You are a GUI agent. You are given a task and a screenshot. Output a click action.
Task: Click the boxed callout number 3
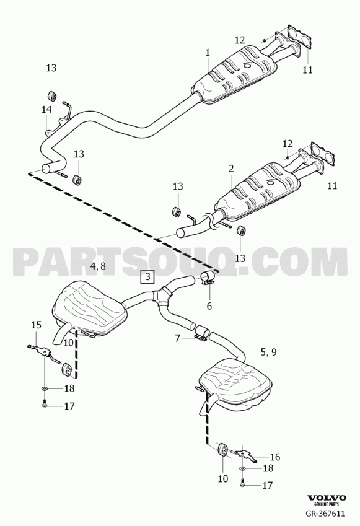(147, 277)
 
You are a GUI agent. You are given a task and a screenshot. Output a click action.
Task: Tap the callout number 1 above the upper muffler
(208, 53)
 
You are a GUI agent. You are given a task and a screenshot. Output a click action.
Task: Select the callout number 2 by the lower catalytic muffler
(232, 169)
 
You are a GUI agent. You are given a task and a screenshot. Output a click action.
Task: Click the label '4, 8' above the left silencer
(99, 266)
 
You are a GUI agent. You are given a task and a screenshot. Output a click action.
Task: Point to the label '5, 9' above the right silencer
(268, 352)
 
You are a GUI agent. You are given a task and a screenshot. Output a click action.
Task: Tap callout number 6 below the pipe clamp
(209, 306)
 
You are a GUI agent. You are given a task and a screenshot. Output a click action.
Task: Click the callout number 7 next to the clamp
(177, 338)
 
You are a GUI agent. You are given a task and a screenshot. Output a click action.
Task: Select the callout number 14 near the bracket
(46, 110)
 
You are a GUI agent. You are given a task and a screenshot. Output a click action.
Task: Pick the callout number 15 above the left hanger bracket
(36, 325)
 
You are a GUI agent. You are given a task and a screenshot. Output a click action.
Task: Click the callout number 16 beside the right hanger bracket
(274, 457)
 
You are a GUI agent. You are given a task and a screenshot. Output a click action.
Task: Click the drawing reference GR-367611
(325, 514)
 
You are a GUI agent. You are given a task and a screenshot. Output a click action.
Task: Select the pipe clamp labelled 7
(202, 335)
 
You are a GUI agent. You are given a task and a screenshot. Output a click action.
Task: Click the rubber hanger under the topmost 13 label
(53, 95)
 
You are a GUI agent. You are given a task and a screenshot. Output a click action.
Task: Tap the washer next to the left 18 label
(45, 388)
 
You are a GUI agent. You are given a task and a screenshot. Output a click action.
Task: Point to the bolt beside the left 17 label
(44, 404)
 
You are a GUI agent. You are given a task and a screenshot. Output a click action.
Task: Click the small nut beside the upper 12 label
(264, 40)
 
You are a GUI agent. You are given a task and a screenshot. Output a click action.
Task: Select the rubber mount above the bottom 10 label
(223, 450)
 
